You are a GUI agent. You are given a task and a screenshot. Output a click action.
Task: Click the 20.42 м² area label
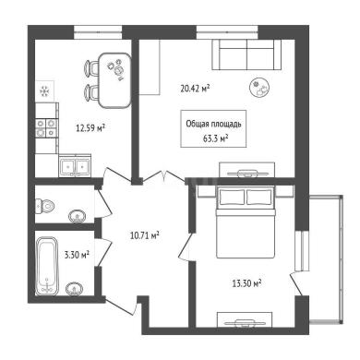195,89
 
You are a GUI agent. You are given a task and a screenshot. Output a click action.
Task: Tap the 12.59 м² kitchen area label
90,127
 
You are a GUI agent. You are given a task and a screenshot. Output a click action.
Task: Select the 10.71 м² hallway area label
145,236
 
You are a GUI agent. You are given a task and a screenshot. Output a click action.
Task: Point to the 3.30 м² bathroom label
77,255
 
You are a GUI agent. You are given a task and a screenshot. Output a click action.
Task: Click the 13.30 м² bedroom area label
246,282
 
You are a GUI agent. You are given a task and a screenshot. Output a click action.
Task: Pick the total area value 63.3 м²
215,138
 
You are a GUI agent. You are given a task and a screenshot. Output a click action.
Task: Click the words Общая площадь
213,124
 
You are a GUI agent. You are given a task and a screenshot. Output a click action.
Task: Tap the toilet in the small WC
44,205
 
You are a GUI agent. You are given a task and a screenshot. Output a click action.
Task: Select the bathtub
47,266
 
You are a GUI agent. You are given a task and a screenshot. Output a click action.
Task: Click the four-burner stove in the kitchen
46,128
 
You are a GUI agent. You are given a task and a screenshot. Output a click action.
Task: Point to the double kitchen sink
75,167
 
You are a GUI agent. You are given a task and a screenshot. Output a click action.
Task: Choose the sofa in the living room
246,55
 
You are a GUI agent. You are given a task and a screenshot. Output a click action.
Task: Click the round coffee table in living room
259,88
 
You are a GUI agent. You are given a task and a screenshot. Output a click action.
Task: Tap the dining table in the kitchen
115,80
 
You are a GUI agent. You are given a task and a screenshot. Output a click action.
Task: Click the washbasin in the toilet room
77,216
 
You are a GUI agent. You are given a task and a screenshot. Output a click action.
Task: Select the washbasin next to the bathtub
74,289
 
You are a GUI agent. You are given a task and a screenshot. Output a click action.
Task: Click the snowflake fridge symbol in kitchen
45,91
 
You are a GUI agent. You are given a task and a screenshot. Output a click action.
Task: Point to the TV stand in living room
246,170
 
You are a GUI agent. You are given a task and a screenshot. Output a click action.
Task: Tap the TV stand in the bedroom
245,320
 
